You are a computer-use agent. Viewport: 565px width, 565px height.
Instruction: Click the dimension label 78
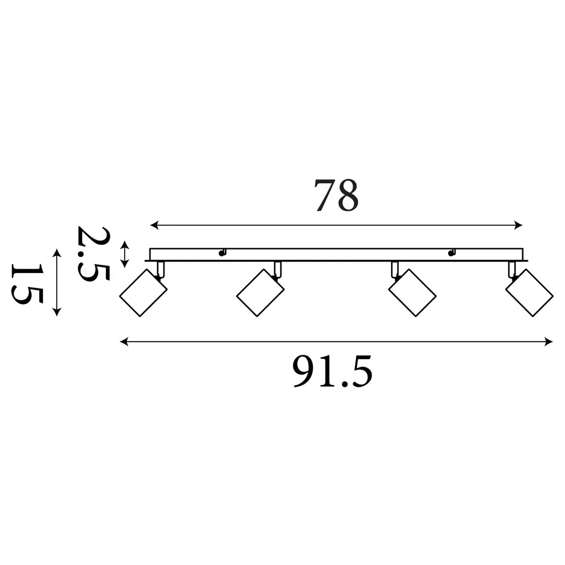coord(337,195)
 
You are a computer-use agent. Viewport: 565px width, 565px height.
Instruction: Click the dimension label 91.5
coord(333,371)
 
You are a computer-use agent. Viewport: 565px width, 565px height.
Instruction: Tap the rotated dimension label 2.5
coord(93,254)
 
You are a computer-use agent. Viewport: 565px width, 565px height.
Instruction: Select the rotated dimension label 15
coord(28,284)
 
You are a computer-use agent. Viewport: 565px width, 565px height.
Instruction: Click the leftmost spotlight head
coord(143,292)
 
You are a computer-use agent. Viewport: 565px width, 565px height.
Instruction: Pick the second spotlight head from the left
coord(260,292)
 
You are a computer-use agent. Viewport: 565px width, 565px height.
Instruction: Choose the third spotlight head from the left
coord(412,292)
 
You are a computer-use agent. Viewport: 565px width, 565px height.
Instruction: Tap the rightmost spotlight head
coord(529,292)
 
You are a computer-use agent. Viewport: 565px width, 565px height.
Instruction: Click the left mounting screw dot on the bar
coord(222,253)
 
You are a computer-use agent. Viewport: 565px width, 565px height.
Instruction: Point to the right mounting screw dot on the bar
coord(451,253)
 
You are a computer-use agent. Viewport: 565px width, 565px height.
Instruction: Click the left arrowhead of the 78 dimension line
coord(154,226)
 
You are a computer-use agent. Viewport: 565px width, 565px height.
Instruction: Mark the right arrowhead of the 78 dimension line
coord(519,226)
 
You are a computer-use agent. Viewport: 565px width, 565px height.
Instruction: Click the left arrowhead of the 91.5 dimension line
coord(124,342)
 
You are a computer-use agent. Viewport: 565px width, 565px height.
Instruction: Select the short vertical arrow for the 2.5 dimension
coord(125,254)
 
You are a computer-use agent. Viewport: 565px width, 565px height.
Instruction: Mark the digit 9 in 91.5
coord(304,371)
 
